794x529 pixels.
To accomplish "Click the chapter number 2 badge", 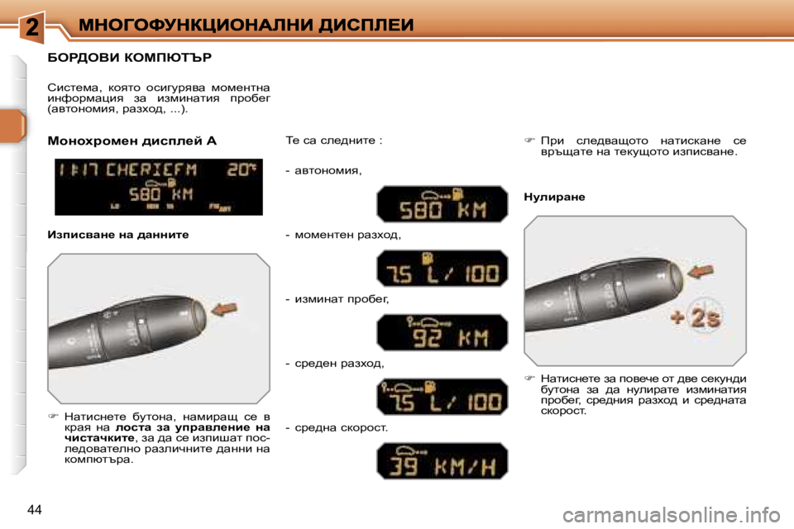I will [31, 27].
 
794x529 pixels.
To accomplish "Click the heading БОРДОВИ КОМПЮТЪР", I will [130, 58].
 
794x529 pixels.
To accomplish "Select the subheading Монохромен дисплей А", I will [132, 141].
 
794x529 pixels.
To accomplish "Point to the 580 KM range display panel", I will [442, 204].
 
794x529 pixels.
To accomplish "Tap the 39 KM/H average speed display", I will [442, 461].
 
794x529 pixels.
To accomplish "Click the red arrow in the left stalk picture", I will [226, 310].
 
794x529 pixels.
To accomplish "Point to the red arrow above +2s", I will [702, 271].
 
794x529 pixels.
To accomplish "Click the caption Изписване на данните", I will [118, 235].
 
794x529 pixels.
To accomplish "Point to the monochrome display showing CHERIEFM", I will [159, 187].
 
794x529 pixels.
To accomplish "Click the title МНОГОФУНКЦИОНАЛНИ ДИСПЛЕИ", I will [246, 26].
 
